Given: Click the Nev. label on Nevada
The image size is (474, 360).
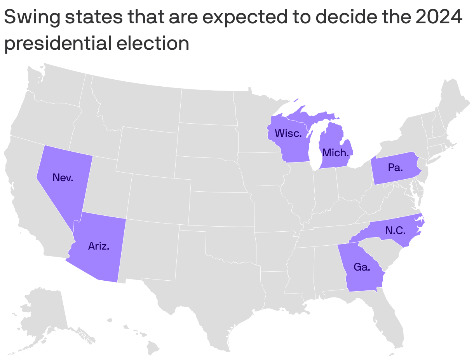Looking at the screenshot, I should click(63, 178).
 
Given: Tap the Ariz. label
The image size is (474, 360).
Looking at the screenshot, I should click(99, 246).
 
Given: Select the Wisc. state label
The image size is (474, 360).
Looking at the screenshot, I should click(288, 133).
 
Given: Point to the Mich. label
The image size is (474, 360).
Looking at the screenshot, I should click(336, 153).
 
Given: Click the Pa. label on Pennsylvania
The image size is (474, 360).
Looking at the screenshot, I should click(395, 168).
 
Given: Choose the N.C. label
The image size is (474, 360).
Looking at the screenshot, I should click(396, 231).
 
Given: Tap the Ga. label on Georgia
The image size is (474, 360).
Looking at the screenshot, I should click(362, 267).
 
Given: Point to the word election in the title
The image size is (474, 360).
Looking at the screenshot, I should click(153, 43).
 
